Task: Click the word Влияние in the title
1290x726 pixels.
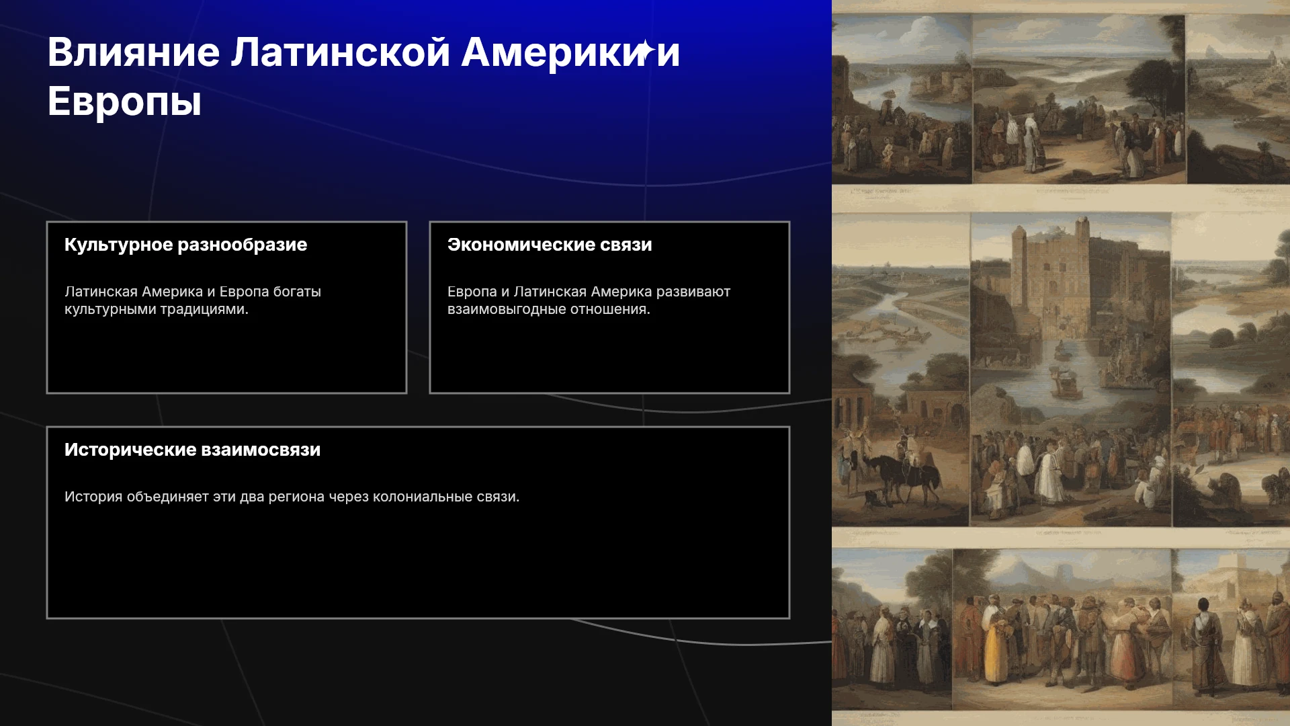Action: coord(134,52)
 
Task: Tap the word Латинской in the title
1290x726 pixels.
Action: coord(341,52)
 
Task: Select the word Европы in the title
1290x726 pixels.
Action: coord(124,102)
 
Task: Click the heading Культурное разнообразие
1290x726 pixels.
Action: coord(185,245)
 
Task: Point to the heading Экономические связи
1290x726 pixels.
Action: coord(550,245)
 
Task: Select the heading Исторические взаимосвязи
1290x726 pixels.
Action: coord(192,450)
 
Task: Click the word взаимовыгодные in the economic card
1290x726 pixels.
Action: coord(507,309)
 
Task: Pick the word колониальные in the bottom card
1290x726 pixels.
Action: coord(423,497)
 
